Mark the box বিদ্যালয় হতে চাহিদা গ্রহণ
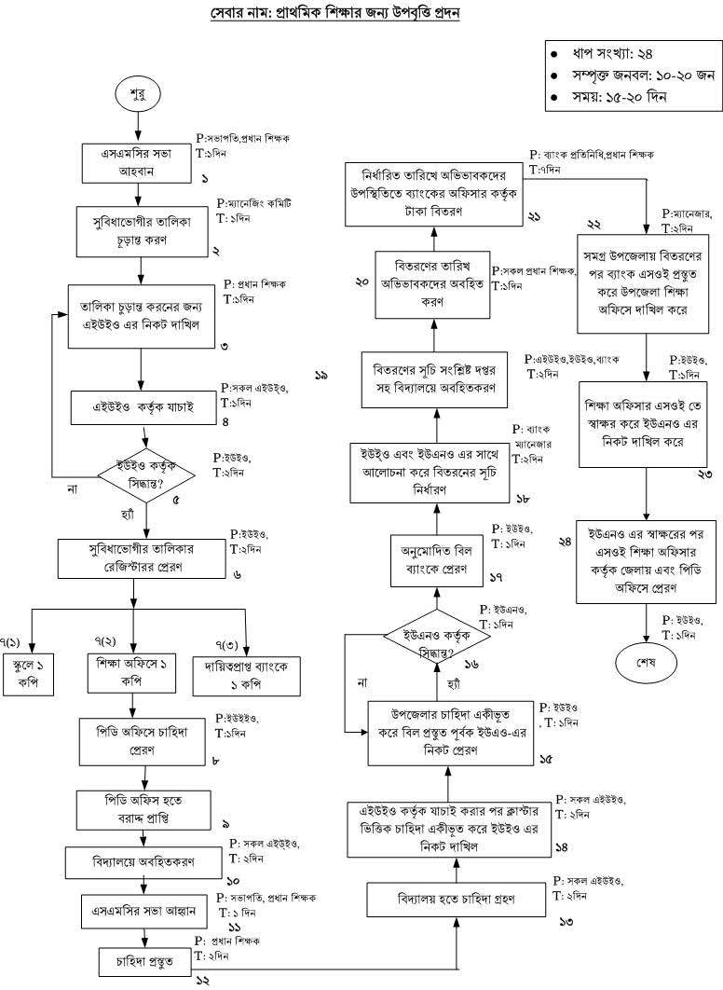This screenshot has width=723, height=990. pyautogui.click(x=457, y=901)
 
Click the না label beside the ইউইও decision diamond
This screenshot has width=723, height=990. pyautogui.click(x=71, y=488)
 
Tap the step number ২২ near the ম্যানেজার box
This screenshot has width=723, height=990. pyautogui.click(x=593, y=224)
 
